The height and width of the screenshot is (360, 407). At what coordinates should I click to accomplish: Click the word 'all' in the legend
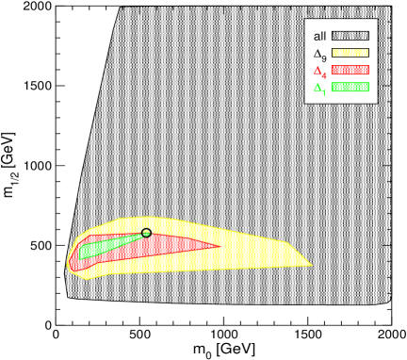(x=320, y=36)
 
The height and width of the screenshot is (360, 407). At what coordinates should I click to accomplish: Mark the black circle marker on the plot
(x=146, y=232)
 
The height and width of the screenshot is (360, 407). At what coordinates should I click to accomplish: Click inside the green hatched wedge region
(x=104, y=247)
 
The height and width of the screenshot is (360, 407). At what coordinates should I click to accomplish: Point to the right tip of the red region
(x=220, y=247)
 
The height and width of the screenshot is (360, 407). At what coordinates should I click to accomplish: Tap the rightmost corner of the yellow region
(x=313, y=265)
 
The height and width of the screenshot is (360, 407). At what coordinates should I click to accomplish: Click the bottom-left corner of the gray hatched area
(x=68, y=298)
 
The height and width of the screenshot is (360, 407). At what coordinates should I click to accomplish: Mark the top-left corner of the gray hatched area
(x=120, y=8)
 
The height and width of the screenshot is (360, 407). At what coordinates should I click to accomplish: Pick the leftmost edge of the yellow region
(x=66, y=268)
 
